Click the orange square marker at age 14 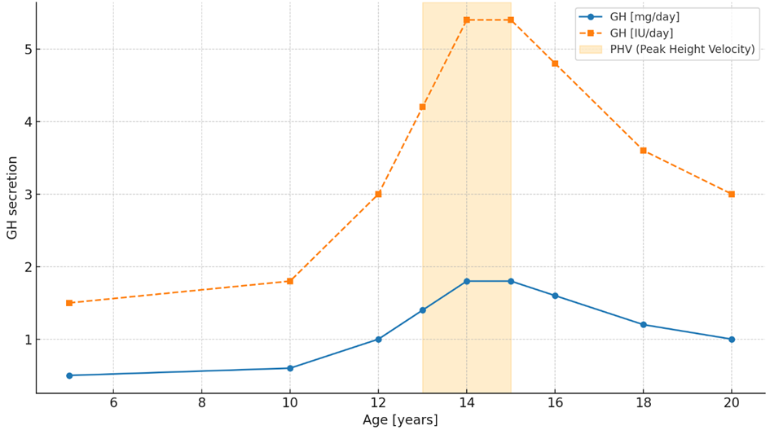pyautogui.click(x=466, y=20)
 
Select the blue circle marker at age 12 pyautogui.click(x=378, y=340)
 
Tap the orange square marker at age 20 pyautogui.click(x=731, y=194)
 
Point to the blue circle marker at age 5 pyautogui.click(x=69, y=375)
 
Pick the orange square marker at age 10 pyautogui.click(x=290, y=281)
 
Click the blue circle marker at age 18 pyautogui.click(x=643, y=325)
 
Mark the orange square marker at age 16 pyautogui.click(x=555, y=64)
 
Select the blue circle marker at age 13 pyautogui.click(x=422, y=310)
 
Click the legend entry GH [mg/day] pyautogui.click(x=645, y=16)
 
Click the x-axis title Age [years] pyautogui.click(x=400, y=420)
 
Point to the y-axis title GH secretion pyautogui.click(x=12, y=198)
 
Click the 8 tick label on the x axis pyautogui.click(x=201, y=402)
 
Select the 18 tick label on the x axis pyautogui.click(x=643, y=402)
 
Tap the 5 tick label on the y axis pyautogui.click(x=26, y=49)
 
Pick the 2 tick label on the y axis pyautogui.click(x=26, y=267)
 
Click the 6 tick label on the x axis pyautogui.click(x=113, y=402)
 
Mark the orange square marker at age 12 pyautogui.click(x=378, y=194)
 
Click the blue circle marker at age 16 pyautogui.click(x=555, y=296)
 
